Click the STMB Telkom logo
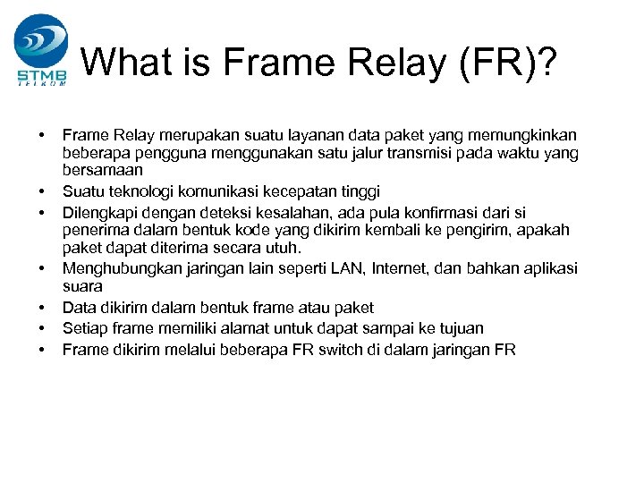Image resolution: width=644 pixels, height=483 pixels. point(40,49)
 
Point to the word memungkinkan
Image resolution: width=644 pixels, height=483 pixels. point(522,134)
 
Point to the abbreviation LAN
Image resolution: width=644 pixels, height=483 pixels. point(346,268)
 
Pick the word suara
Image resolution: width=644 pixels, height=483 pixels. point(82,287)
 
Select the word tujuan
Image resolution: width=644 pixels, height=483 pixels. point(460,328)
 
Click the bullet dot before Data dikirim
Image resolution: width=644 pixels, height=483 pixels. point(43,308)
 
